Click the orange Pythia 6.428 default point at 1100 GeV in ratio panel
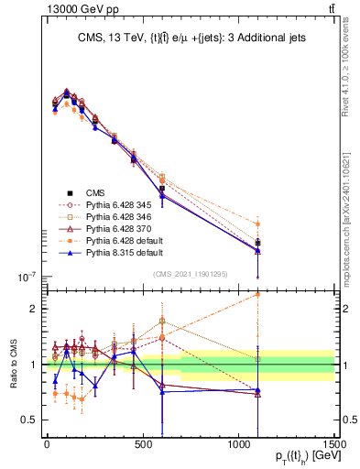click(x=257, y=294)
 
